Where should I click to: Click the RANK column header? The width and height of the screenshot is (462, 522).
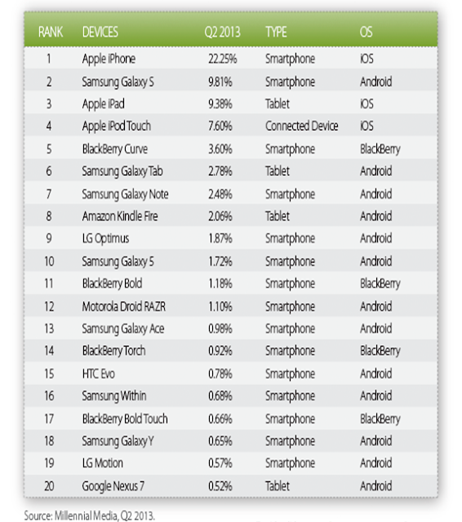click(51, 33)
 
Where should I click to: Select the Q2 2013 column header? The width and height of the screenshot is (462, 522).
click(222, 33)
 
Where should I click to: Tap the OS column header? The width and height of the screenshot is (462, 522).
click(366, 33)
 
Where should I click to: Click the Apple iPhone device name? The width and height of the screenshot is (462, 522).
click(109, 60)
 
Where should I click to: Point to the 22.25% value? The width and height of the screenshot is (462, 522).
click(223, 59)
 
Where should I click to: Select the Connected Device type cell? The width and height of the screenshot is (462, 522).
click(301, 126)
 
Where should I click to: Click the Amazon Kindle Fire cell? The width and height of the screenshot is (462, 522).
click(120, 216)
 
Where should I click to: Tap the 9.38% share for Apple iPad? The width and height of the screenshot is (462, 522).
click(220, 104)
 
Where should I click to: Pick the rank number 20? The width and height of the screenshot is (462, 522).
click(49, 486)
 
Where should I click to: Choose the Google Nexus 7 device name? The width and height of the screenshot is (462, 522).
click(113, 486)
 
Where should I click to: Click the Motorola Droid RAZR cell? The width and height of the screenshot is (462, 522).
click(123, 307)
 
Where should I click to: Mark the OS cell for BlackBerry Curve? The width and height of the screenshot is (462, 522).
click(380, 149)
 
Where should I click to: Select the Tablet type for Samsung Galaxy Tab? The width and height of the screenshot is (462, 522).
click(278, 171)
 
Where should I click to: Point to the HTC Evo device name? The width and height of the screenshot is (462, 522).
click(98, 374)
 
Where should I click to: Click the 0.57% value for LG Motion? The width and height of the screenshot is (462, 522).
click(220, 463)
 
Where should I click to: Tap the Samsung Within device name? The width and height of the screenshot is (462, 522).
click(114, 396)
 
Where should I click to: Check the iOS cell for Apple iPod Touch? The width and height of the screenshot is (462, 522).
click(366, 126)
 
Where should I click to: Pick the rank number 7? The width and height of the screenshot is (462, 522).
click(49, 194)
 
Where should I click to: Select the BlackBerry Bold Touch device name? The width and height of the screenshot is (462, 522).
click(125, 418)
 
